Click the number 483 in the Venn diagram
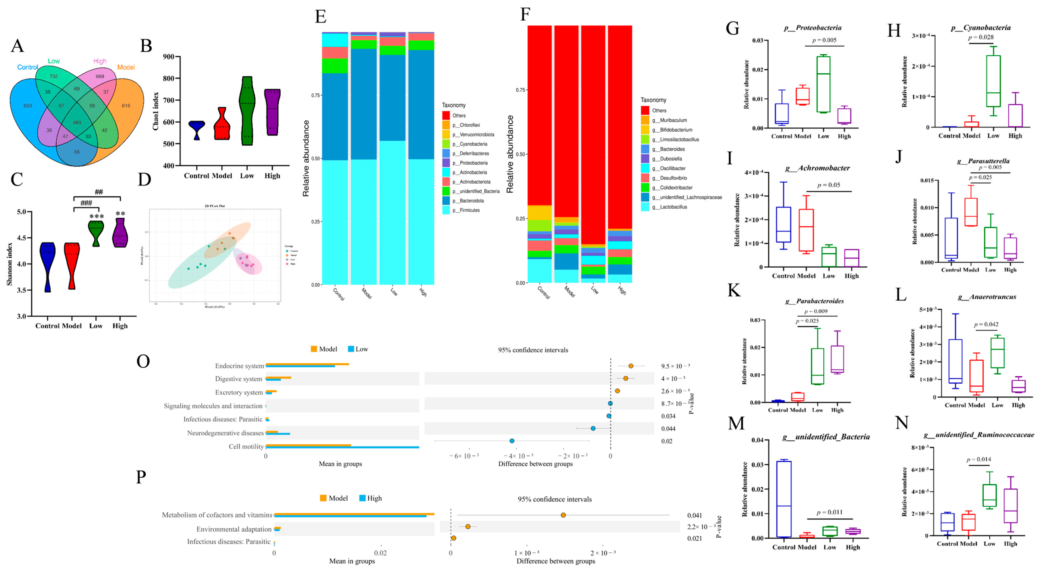coord(77,122)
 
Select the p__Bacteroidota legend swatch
coord(446,201)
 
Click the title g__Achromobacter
coord(824,168)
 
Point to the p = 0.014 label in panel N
coord(979,459)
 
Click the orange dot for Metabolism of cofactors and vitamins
coord(563,515)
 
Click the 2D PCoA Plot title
coord(215,206)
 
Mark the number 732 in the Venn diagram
coord(54,76)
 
